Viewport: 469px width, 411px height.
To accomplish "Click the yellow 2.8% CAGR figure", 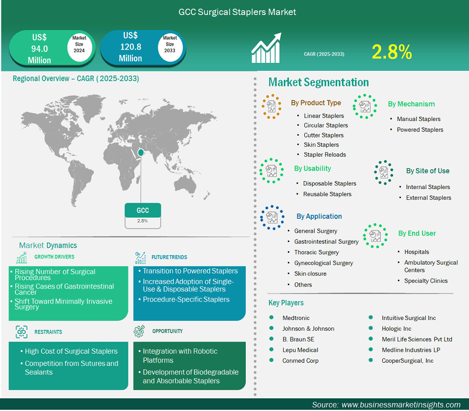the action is point(392,52).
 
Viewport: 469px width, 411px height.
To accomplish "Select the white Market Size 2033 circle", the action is point(170,46).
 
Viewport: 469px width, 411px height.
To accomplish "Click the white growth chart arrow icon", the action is point(266,48).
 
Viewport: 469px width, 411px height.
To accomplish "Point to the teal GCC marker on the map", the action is point(141,152).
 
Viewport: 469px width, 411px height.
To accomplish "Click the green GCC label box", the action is point(143,210).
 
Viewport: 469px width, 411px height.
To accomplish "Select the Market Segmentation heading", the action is point(318,82).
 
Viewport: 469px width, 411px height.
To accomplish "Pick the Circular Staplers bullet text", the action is point(326,125).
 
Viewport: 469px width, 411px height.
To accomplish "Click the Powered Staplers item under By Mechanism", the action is point(420,130).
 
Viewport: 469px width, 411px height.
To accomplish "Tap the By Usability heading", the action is point(312,168).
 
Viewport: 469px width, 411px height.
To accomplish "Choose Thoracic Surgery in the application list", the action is point(317,252).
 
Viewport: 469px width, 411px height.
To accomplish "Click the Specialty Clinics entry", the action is point(426,281).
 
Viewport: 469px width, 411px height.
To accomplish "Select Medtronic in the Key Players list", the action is point(296,318).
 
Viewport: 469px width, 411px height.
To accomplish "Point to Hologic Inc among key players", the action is point(396,329).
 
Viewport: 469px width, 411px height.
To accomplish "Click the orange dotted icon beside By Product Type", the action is point(271,107).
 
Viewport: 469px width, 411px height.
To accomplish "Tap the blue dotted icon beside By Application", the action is point(272,218).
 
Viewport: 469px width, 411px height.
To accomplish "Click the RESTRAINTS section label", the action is point(48,332).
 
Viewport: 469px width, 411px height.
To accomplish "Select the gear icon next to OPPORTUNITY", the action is point(139,331).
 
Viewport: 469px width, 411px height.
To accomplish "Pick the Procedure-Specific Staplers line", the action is point(186,299).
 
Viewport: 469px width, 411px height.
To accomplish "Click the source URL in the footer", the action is point(401,405).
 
